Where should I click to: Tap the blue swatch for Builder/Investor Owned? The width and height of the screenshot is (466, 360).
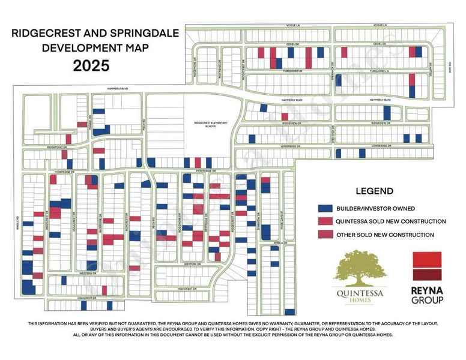(x=325, y=208)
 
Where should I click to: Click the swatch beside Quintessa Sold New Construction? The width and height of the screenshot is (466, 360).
(x=325, y=221)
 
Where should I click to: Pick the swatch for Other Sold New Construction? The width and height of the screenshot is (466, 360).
(x=325, y=235)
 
